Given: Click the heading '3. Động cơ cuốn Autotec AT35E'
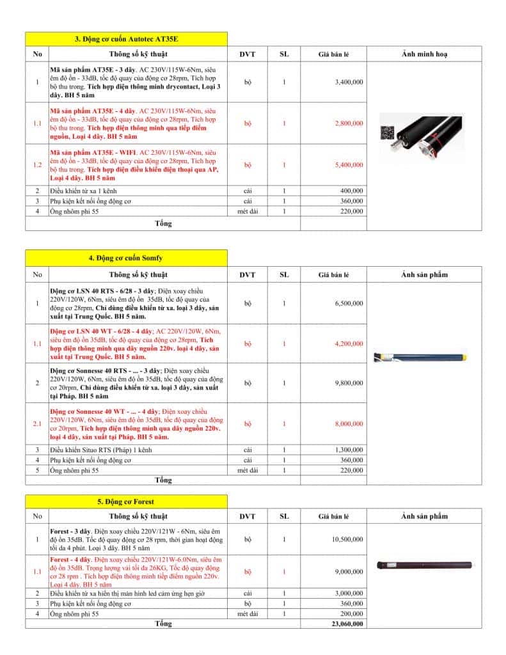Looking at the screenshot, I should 126,39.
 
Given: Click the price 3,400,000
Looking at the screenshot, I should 349,83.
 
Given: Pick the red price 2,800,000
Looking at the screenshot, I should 349,123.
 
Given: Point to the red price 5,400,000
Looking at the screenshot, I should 349,165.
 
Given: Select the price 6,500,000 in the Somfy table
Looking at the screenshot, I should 349,303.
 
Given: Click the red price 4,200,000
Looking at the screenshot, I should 349,344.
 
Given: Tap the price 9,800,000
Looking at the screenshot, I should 349,383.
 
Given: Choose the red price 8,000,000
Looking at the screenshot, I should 349,423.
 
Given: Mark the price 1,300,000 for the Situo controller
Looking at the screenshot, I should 349,450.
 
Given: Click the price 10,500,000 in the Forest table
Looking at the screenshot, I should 348,540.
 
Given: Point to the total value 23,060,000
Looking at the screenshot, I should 348,624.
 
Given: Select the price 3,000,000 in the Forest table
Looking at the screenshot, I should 349,594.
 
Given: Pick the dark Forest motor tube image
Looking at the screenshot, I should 425,565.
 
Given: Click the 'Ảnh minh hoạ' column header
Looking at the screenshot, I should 424,54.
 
